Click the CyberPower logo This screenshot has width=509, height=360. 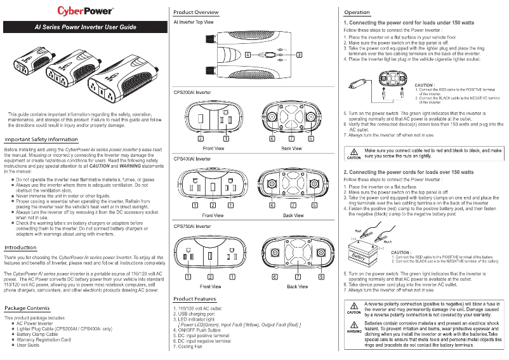click(86, 11)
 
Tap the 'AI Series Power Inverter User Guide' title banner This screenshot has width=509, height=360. click(86, 27)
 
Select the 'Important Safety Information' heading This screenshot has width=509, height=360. click(41, 139)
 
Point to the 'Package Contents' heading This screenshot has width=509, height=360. click(27, 308)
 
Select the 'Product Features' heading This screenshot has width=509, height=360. click(195, 298)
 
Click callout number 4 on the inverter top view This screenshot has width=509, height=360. click(248, 54)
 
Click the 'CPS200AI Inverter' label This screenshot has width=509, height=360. click(192, 92)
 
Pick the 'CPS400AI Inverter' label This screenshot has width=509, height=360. click(192, 158)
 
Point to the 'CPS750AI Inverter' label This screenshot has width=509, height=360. click(192, 226)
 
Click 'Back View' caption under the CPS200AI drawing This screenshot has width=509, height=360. click(291, 149)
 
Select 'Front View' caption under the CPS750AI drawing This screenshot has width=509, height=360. click(210, 286)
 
